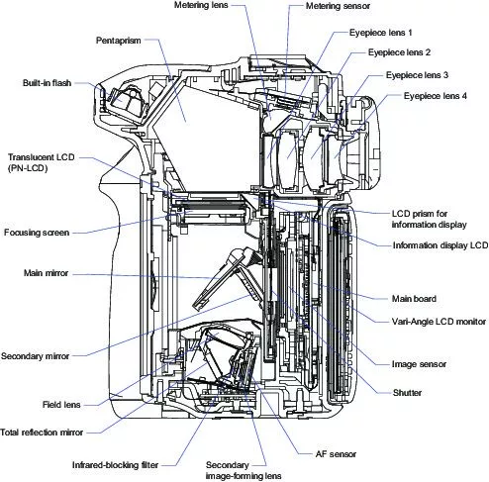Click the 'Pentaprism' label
(x=118, y=41)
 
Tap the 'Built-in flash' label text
(x=47, y=83)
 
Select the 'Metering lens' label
(x=201, y=5)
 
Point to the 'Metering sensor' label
(x=338, y=6)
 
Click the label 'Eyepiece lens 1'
(x=381, y=33)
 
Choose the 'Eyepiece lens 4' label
(x=436, y=96)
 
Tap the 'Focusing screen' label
(x=37, y=233)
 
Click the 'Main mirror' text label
(x=46, y=273)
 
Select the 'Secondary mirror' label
(x=36, y=356)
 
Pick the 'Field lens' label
(x=61, y=405)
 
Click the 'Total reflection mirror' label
(x=42, y=433)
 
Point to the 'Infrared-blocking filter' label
(x=115, y=465)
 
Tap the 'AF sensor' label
(x=336, y=454)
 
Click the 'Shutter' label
(x=407, y=393)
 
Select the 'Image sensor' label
(x=419, y=364)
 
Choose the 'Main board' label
(x=414, y=299)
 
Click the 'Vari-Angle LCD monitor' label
(x=439, y=322)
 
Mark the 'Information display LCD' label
(x=440, y=245)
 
